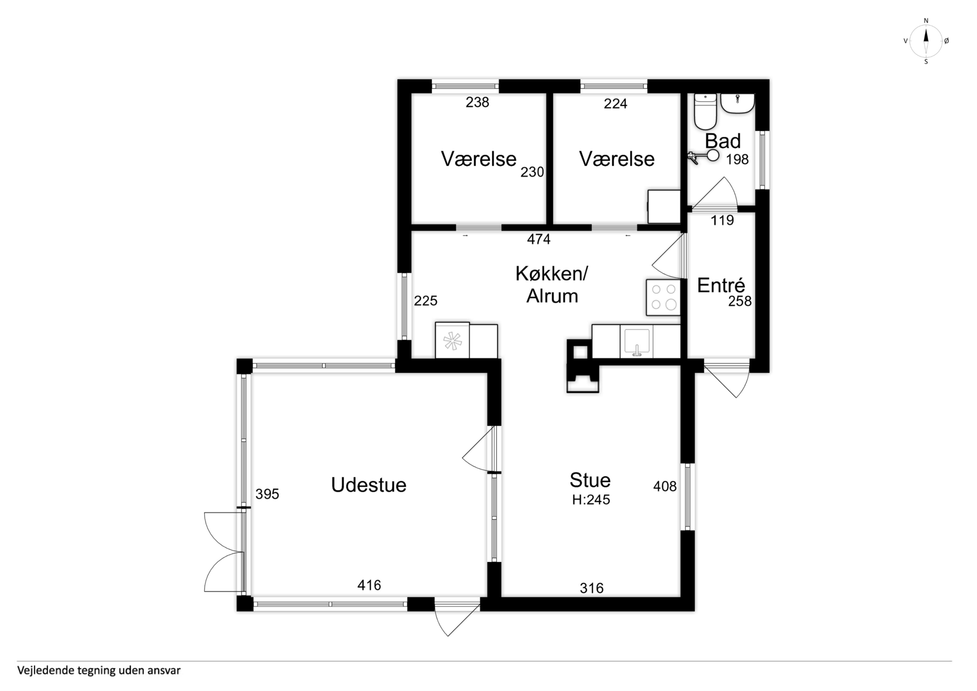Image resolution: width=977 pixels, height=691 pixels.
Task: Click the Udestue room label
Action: [369, 485]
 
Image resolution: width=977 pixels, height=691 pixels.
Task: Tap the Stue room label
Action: [590, 480]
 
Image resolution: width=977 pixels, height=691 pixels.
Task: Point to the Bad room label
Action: [723, 141]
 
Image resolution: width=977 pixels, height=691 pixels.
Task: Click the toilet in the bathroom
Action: [705, 111]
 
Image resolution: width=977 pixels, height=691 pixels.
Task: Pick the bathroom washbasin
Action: [737, 103]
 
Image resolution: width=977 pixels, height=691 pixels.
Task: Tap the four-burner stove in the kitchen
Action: [663, 297]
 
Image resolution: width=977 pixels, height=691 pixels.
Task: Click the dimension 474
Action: [539, 239]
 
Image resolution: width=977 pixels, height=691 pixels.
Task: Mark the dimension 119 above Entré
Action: [722, 220]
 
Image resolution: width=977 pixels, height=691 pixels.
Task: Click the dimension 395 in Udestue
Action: [267, 494]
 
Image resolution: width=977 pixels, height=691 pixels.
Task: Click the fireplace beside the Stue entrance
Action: [583, 365]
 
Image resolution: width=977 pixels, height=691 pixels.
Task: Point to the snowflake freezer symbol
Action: [452, 341]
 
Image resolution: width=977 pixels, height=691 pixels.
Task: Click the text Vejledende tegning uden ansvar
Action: [99, 671]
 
